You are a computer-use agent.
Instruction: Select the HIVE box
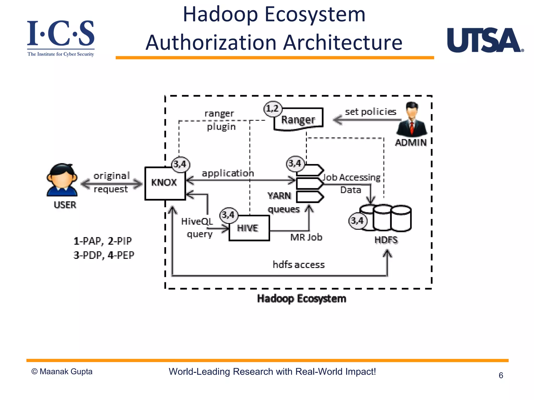tap(249, 228)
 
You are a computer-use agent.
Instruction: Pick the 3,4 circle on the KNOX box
tap(180, 164)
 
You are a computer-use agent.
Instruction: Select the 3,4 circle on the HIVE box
tap(229, 215)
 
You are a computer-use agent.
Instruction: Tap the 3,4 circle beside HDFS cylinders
tap(357, 221)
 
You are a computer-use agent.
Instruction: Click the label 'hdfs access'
tap(299, 265)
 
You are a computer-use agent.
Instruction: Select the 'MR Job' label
tap(306, 237)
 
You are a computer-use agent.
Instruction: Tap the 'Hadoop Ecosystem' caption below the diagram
tap(301, 299)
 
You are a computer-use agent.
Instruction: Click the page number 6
tap(501, 375)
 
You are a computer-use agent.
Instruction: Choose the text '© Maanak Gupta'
tap(62, 372)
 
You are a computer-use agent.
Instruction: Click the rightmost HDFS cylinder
tap(401, 218)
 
